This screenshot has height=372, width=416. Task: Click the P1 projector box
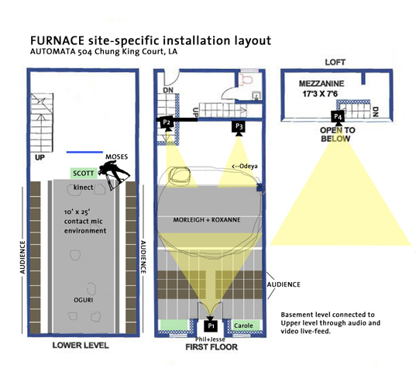tap(211, 325)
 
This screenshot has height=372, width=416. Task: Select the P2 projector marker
tap(167, 122)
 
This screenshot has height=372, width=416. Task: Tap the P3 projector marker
tap(239, 126)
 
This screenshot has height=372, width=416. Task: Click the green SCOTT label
tap(84, 174)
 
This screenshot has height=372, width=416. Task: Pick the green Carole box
tap(246, 325)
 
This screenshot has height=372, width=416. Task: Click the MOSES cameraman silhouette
tap(114, 175)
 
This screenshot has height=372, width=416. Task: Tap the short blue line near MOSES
tap(84, 152)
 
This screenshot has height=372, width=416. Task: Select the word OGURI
tap(84, 300)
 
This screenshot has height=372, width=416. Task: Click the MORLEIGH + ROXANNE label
tap(207, 219)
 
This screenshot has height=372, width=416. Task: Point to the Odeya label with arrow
tap(245, 167)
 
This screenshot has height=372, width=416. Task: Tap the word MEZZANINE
tap(321, 84)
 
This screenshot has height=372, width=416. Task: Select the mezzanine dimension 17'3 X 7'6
tap(320, 94)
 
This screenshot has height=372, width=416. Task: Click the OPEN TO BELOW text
tap(337, 134)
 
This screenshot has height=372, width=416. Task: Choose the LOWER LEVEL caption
tap(81, 345)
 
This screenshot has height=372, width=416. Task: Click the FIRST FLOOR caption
tap(211, 347)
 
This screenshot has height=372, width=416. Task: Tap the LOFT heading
tap(335, 62)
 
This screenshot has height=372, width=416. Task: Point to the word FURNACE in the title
tap(57, 40)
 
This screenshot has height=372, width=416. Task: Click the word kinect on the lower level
tap(84, 188)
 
